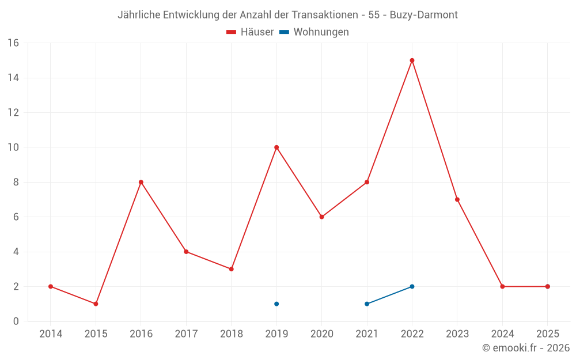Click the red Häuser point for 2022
click(x=412, y=60)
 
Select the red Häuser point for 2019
click(x=276, y=147)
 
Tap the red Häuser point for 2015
click(x=96, y=304)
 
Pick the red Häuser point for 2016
click(x=141, y=182)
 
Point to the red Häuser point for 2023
click(x=457, y=199)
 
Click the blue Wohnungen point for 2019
click(x=276, y=304)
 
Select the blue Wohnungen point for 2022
click(x=412, y=286)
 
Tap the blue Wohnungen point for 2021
click(x=367, y=304)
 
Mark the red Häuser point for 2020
click(x=321, y=217)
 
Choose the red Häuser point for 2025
click(x=547, y=286)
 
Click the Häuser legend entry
click(x=250, y=32)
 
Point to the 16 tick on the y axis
click(x=13, y=43)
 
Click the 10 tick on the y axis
click(x=13, y=147)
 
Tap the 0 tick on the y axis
click(x=16, y=321)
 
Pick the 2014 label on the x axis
click(x=51, y=334)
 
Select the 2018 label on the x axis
click(x=231, y=334)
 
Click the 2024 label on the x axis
click(x=502, y=334)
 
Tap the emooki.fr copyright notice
click(x=526, y=348)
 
